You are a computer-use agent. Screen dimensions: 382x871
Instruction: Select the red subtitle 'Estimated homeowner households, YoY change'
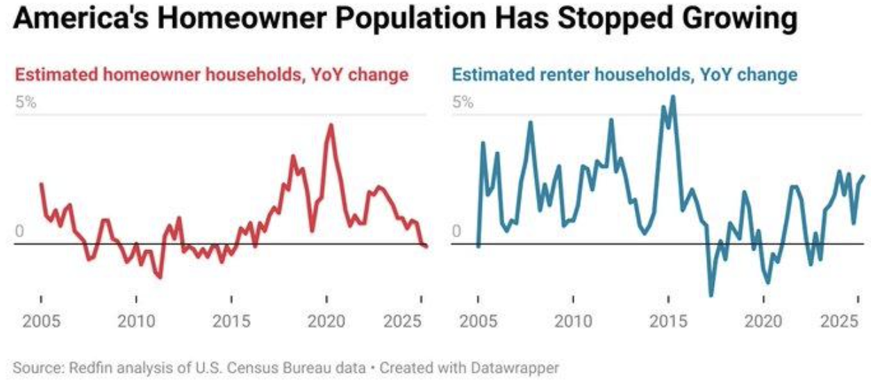click(211, 74)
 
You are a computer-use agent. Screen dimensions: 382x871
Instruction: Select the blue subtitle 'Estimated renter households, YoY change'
click(625, 74)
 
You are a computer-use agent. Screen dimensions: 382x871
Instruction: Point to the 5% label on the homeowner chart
click(26, 103)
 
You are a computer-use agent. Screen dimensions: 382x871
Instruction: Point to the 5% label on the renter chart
click(463, 103)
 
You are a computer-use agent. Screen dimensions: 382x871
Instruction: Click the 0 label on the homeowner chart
click(19, 231)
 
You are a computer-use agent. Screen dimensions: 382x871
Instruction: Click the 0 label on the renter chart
click(456, 231)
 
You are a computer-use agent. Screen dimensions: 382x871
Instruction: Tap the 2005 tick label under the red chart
click(42, 322)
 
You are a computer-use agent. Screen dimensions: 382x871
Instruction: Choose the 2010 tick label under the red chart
click(137, 322)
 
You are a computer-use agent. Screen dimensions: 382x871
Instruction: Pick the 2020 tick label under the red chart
click(326, 322)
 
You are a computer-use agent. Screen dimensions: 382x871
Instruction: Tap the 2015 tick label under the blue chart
click(668, 322)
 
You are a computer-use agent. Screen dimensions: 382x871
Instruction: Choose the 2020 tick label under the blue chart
click(763, 322)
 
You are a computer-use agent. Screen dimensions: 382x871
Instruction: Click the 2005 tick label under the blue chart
click(479, 322)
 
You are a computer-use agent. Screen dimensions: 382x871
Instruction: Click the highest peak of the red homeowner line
click(331, 125)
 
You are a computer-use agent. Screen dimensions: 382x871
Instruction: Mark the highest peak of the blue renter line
click(672, 97)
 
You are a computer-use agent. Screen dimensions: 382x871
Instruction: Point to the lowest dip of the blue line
click(711, 295)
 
